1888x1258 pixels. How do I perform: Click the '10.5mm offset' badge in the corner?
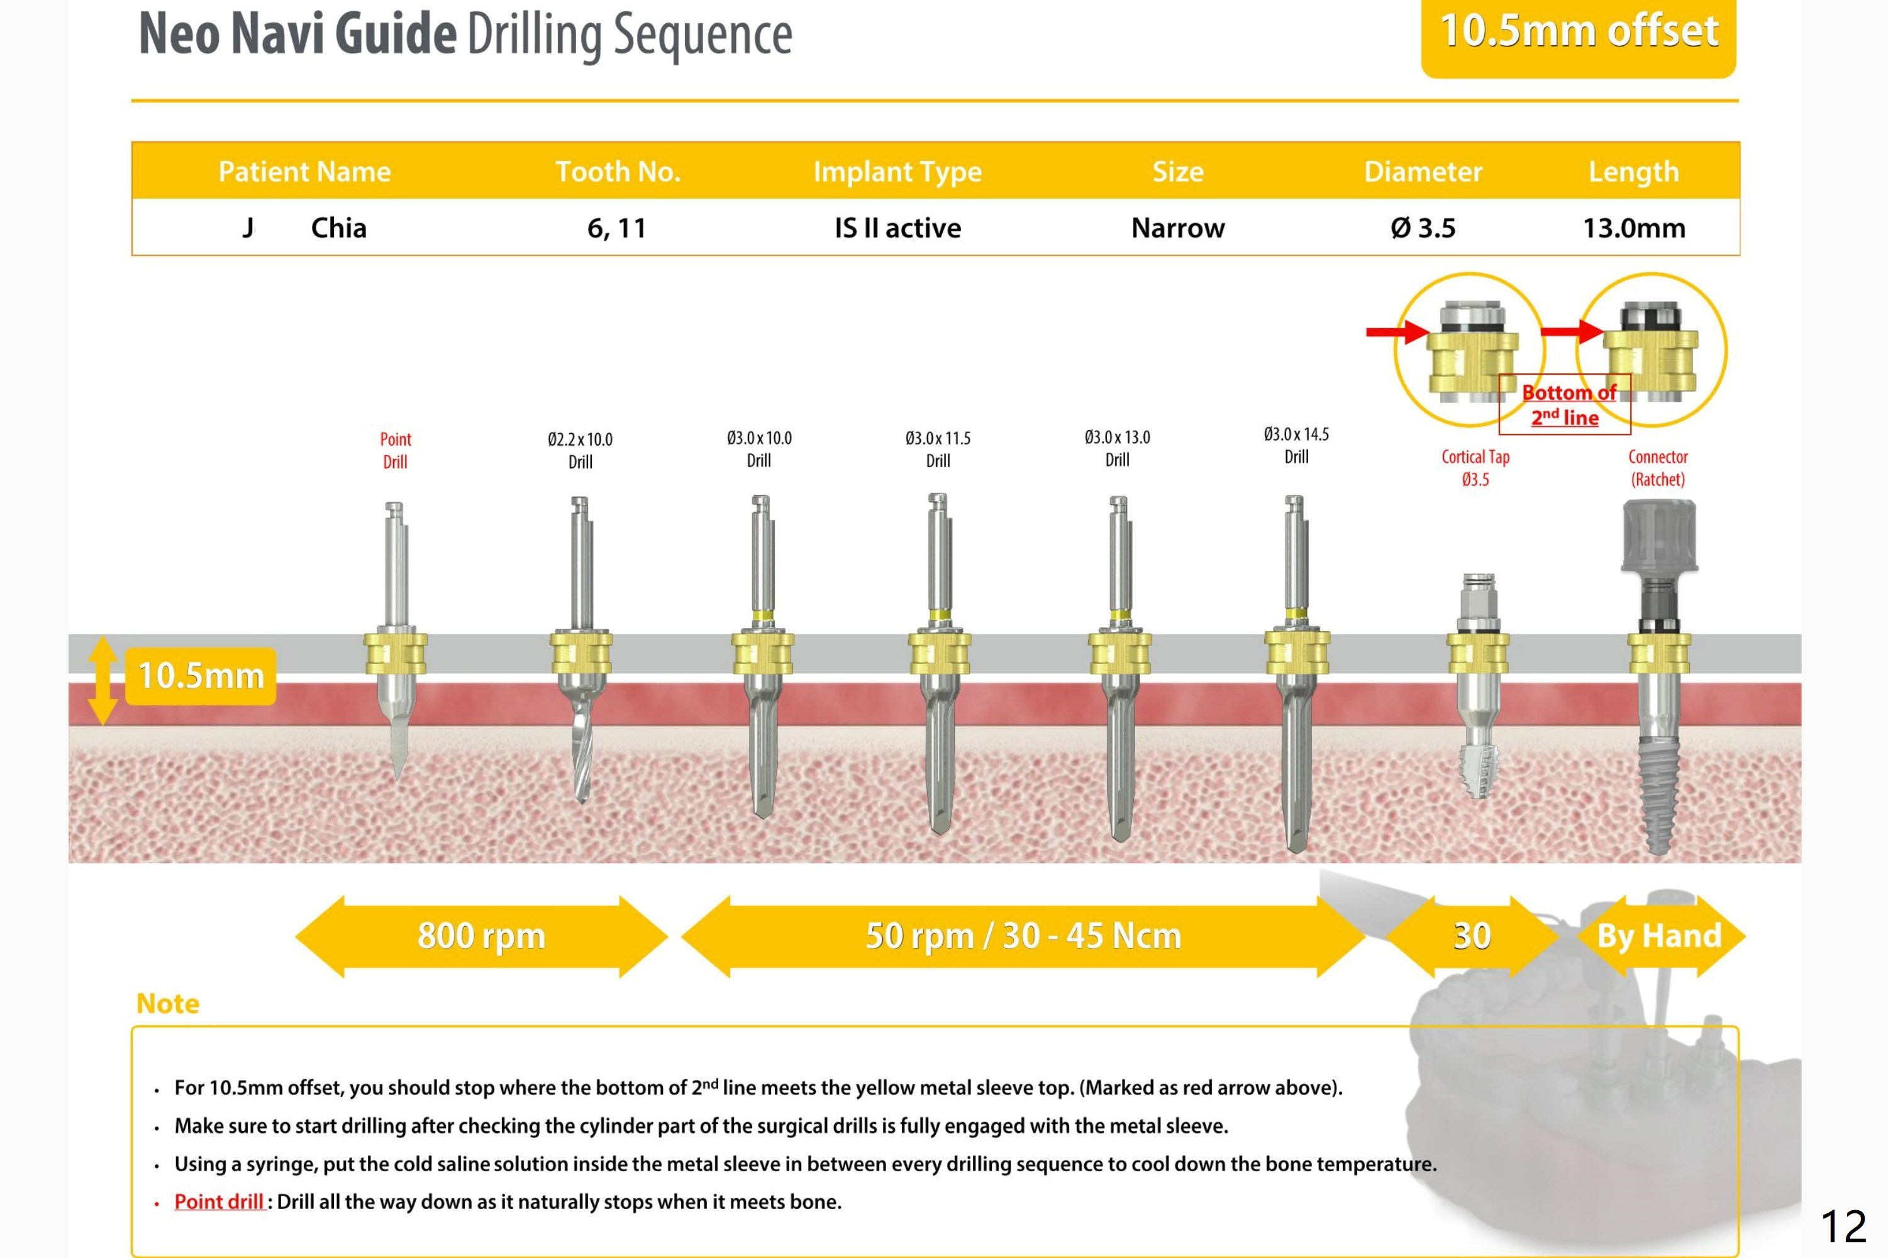1579,34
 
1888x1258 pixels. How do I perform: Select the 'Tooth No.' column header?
617,171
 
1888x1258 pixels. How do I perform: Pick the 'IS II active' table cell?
897,228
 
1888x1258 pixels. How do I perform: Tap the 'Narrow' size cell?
1177,228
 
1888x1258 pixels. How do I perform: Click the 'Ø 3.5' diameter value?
1423,228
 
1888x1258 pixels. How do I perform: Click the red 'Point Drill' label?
395,450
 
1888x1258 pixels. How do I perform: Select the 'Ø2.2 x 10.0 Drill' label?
579,450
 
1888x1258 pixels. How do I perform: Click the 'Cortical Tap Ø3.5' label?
1475,468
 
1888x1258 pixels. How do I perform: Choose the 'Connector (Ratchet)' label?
1658,468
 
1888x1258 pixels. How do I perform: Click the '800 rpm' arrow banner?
481,935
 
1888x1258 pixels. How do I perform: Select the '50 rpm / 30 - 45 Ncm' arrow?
1023,935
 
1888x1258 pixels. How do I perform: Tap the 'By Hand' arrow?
1659,935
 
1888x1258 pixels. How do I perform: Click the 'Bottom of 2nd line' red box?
1565,404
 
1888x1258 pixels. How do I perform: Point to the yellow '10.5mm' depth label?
201,676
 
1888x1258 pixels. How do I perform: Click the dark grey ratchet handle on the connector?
1658,534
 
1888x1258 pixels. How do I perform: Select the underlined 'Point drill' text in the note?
219,1201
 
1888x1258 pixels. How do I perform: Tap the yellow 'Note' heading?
168,1003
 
